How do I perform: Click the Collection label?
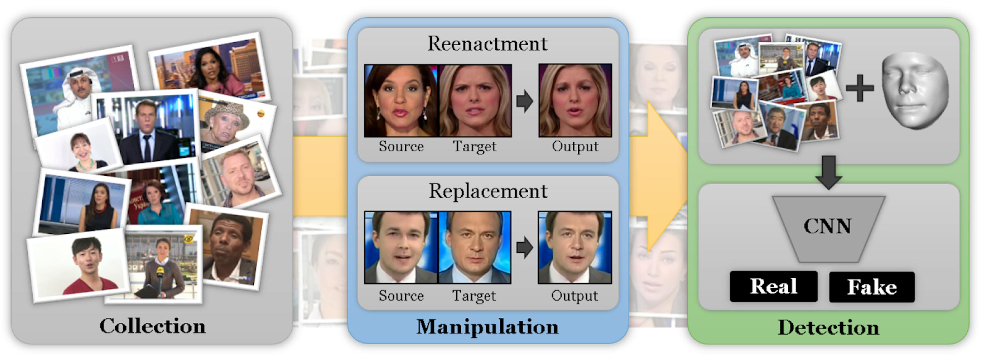(152, 326)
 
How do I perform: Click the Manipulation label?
(488, 327)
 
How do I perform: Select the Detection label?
(829, 327)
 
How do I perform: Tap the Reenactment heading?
(487, 43)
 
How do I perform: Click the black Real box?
(774, 286)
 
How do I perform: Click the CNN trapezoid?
(829, 229)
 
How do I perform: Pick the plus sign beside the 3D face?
(860, 88)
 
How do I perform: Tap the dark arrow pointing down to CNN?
(829, 172)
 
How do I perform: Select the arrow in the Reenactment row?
(525, 101)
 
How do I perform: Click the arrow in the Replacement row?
(525, 248)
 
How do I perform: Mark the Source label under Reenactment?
(401, 146)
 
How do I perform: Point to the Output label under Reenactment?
(575, 146)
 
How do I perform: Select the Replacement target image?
(474, 248)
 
